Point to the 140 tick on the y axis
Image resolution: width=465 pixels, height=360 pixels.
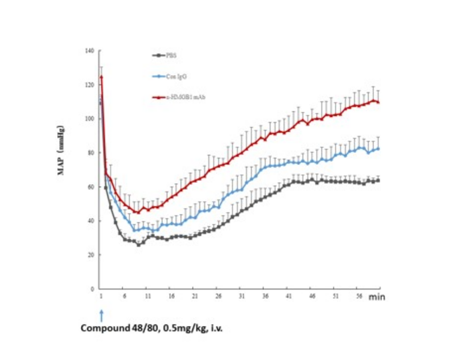[x=89, y=51]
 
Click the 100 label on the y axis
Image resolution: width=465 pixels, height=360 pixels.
[x=89, y=119]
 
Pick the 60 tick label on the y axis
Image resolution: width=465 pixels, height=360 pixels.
[x=90, y=187]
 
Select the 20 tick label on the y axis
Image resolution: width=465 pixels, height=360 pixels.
[x=90, y=255]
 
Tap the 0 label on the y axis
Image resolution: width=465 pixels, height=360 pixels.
[x=92, y=289]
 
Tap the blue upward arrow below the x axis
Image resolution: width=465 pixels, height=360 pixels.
[x=101, y=314]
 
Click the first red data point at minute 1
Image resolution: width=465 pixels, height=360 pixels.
[x=101, y=77]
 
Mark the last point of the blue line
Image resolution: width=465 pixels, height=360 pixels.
[x=378, y=149]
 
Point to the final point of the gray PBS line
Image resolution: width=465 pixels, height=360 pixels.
[x=378, y=180]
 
